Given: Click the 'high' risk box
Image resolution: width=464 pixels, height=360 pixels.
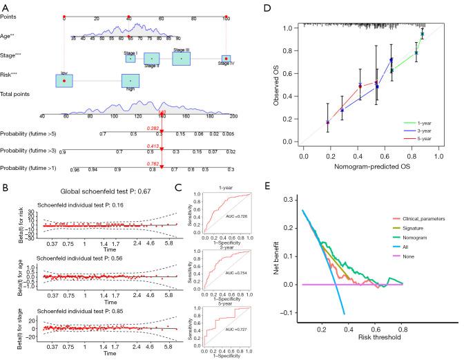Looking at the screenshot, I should [130, 81].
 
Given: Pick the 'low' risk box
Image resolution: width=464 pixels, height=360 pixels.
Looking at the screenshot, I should [64, 81].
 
